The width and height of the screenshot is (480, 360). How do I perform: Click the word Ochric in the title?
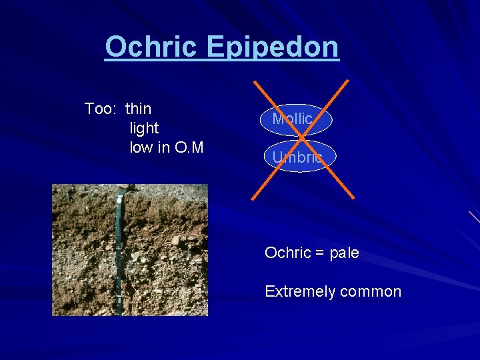[x=152, y=47]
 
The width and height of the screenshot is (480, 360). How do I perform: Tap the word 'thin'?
[x=138, y=109]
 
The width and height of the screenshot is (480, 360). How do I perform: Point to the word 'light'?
[x=144, y=128]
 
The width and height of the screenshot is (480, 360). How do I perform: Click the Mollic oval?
[x=293, y=119]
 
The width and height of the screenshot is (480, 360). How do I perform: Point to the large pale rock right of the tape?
[x=175, y=240]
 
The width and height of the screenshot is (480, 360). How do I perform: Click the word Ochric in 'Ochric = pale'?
[x=288, y=253]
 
